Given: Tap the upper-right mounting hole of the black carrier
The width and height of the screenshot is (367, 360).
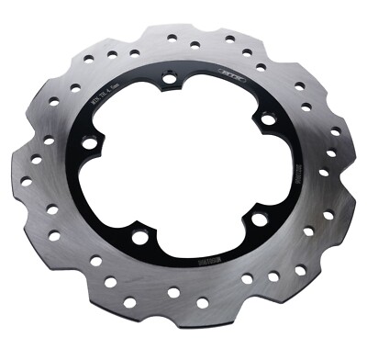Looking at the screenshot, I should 267,119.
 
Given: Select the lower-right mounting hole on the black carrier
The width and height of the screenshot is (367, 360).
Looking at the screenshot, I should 260,219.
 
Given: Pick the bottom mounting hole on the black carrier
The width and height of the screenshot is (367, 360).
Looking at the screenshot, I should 140,238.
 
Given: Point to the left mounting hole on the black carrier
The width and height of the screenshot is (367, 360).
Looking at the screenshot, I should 89,142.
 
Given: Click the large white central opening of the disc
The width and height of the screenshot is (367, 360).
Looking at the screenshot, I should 179,165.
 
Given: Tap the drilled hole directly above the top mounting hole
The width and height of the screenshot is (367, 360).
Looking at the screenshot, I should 172,39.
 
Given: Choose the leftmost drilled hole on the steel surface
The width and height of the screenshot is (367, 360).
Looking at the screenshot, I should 28,175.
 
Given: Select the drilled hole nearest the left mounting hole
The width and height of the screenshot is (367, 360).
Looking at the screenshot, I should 52,140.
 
